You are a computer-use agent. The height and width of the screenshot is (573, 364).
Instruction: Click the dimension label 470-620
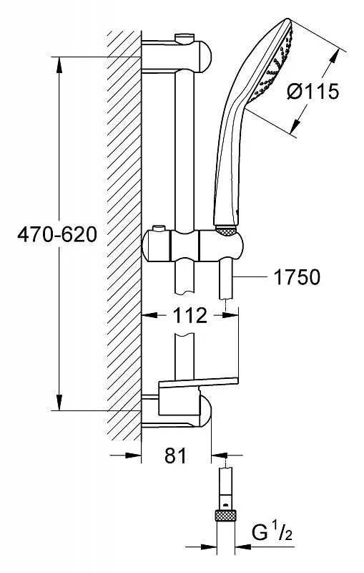[57, 234]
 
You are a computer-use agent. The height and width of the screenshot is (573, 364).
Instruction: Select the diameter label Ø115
[313, 91]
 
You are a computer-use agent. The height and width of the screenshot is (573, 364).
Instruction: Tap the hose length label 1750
[297, 277]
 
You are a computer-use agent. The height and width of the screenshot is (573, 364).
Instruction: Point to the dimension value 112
[190, 315]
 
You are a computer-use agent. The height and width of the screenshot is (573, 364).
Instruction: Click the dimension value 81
[175, 456]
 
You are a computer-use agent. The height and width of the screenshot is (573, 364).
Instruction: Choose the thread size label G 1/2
[272, 534]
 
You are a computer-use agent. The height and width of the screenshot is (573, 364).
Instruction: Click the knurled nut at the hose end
[226, 515]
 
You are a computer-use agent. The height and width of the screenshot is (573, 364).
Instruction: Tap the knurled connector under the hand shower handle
[226, 231]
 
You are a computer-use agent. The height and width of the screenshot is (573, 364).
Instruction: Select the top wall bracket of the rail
[177, 57]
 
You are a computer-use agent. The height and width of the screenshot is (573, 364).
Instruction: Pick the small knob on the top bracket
[185, 38]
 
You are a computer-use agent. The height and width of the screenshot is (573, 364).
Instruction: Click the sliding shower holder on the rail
[192, 246]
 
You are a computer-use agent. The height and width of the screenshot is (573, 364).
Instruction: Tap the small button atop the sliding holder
[159, 228]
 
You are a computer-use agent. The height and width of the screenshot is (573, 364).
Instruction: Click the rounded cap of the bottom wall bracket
[205, 410]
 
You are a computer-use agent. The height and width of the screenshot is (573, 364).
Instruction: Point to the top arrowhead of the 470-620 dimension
[59, 65]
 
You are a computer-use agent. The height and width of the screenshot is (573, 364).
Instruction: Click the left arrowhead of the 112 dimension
[149, 314]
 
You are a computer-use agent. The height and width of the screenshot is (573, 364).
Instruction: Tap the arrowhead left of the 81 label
[133, 456]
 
